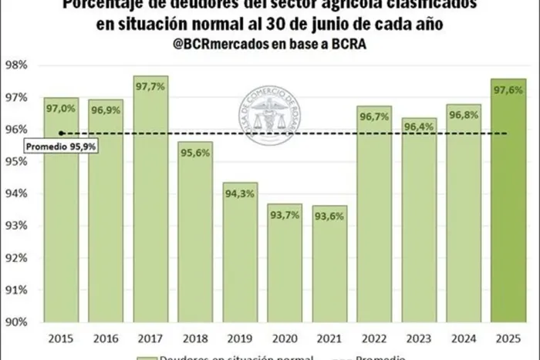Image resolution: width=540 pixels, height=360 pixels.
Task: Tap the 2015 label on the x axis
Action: pos(61,337)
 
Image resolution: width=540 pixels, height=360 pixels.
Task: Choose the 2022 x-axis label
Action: pos(374,337)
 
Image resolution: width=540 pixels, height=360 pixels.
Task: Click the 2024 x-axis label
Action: pos(463,337)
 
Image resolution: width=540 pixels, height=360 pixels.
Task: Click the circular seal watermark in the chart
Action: pos(269,116)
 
